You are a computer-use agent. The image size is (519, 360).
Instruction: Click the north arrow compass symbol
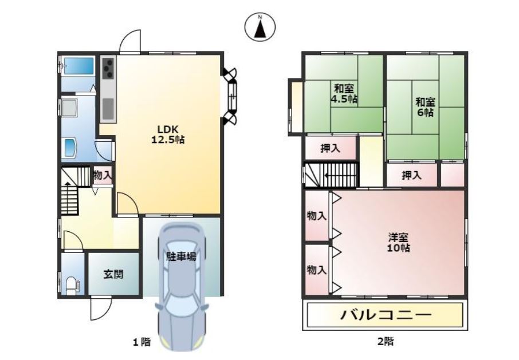(260, 26)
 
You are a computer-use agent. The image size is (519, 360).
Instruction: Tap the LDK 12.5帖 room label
(168, 134)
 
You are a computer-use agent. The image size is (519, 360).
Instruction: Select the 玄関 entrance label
(113, 274)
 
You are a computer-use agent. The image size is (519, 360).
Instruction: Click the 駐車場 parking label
(182, 256)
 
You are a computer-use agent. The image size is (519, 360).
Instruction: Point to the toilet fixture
(72, 286)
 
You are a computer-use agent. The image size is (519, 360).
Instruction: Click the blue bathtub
(79, 65)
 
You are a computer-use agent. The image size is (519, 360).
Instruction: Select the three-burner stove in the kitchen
(108, 69)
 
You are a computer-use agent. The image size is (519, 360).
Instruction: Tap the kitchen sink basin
(108, 108)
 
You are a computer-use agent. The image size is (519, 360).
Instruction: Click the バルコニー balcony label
(386, 314)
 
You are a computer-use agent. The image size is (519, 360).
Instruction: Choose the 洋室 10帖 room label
(398, 242)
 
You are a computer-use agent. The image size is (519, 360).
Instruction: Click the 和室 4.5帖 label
(344, 94)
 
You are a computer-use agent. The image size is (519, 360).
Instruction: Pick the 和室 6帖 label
(425, 107)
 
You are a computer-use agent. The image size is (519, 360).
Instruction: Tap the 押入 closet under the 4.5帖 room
(331, 148)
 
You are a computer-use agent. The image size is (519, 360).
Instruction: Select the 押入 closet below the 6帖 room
(411, 175)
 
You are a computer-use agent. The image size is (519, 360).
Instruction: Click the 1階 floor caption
(141, 342)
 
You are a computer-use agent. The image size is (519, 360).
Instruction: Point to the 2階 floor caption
(386, 341)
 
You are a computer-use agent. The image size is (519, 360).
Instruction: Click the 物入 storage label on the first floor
(103, 175)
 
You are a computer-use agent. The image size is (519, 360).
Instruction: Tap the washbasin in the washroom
(70, 148)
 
